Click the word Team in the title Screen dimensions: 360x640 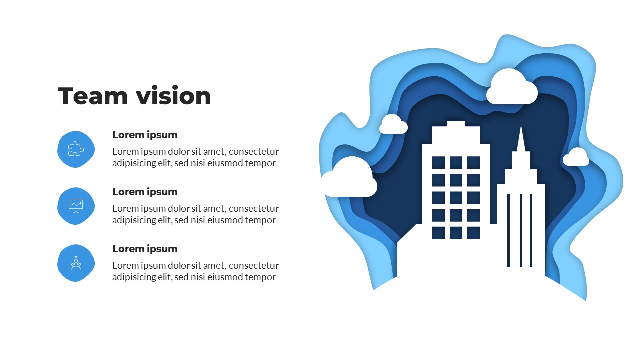pos(90,96)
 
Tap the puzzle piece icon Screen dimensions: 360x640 pos(76,149)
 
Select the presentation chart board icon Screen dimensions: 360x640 pos(76,206)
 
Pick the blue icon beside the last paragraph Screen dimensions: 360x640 pos(76,263)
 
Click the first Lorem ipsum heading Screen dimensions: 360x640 pos(145,135)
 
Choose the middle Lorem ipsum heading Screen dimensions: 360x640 pos(145,192)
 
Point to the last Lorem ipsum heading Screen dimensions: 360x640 pos(145,249)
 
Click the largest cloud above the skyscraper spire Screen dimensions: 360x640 pos(511,89)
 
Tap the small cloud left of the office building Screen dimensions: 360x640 pos(393,125)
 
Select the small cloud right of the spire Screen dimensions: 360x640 pos(576,158)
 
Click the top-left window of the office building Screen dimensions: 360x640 pos(438,163)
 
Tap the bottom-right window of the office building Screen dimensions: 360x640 pos(473,233)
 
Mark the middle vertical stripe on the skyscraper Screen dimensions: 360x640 pos(521,230)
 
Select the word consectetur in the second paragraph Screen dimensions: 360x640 pos(254,208)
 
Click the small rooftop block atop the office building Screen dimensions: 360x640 pos(456,124)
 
